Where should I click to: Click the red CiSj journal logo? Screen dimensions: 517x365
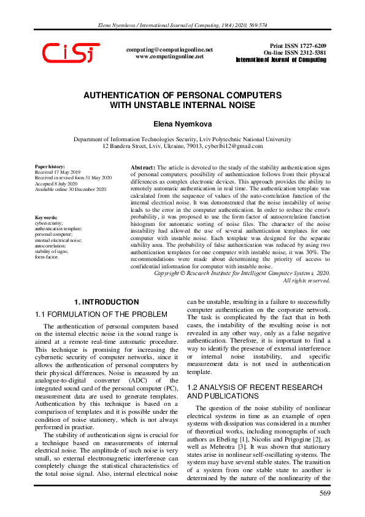point(71,53)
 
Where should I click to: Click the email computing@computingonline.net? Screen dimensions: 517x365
point(169,49)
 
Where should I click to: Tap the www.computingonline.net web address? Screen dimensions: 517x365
point(169,56)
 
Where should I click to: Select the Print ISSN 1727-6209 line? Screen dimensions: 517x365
point(298,46)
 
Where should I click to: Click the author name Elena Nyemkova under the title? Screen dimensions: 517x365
point(182,124)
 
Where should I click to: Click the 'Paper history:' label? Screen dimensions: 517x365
point(50,166)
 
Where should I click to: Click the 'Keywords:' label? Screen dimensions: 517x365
point(47,217)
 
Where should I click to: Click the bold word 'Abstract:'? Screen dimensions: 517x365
point(144,167)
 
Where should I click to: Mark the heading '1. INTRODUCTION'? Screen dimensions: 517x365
point(106,302)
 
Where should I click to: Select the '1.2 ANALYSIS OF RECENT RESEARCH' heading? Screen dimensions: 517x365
point(254,387)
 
